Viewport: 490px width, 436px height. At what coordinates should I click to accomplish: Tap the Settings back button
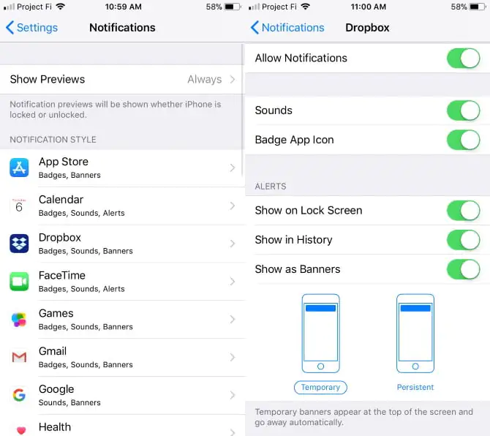pyautogui.click(x=32, y=28)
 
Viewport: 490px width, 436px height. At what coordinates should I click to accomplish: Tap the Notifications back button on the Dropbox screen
pyautogui.click(x=287, y=28)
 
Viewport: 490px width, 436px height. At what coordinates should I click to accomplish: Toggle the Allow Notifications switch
pyautogui.click(x=464, y=58)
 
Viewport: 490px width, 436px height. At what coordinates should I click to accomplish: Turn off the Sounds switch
pyautogui.click(x=464, y=110)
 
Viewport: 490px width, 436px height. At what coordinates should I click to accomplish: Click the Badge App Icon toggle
pyautogui.click(x=464, y=140)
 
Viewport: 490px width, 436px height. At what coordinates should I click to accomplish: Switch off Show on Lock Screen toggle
pyautogui.click(x=464, y=211)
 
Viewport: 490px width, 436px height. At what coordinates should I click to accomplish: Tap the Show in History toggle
pyautogui.click(x=464, y=240)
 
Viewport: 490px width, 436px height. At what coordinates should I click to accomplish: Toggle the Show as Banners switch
pyautogui.click(x=464, y=269)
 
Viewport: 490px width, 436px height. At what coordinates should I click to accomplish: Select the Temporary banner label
pyautogui.click(x=320, y=387)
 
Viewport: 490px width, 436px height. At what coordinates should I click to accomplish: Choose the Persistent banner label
pyautogui.click(x=415, y=387)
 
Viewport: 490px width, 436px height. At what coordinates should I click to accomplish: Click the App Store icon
pyautogui.click(x=19, y=168)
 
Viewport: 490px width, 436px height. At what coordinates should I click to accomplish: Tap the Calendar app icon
pyautogui.click(x=19, y=206)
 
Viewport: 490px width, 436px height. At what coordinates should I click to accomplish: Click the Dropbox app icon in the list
pyautogui.click(x=19, y=244)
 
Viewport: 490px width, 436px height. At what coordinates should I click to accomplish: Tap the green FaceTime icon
pyautogui.click(x=19, y=282)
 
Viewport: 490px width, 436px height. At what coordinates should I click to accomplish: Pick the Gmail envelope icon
pyautogui.click(x=19, y=357)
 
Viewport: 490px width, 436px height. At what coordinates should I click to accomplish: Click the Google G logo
pyautogui.click(x=19, y=395)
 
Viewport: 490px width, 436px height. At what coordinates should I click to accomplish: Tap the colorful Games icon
pyautogui.click(x=19, y=320)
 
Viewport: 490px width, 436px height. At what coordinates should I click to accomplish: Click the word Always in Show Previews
pyautogui.click(x=204, y=80)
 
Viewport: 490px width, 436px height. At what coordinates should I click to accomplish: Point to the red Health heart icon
pyautogui.click(x=21, y=431)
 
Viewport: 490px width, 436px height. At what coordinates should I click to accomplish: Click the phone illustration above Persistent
pyautogui.click(x=415, y=333)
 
